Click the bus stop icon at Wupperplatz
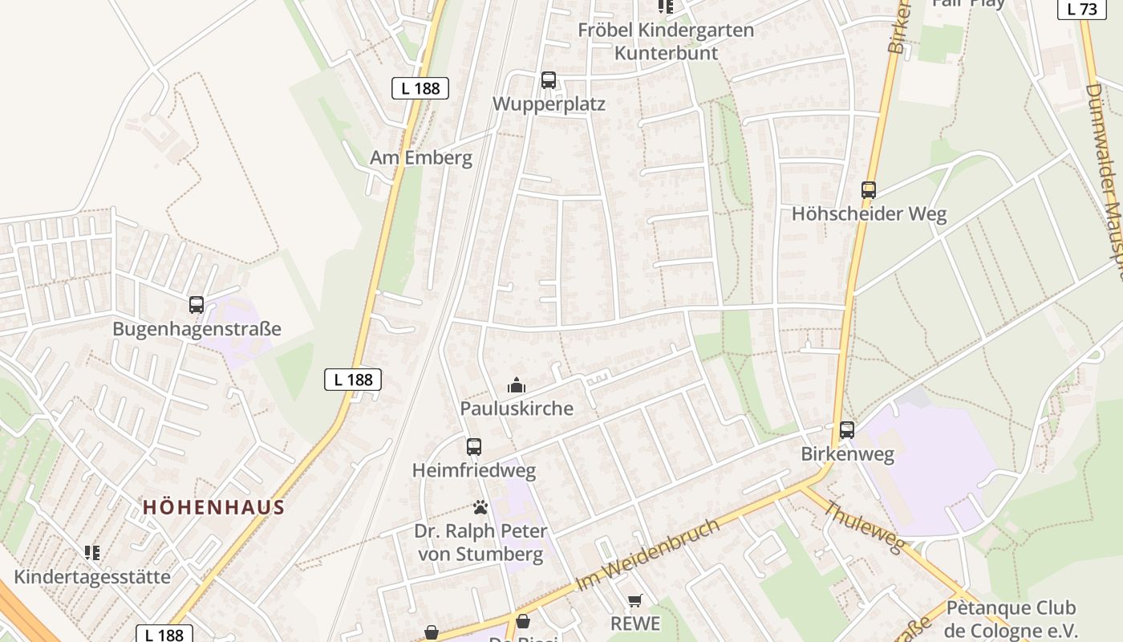[x=549, y=80]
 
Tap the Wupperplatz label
[x=549, y=104]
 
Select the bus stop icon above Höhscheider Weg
[x=869, y=190]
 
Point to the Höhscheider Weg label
[x=869, y=214]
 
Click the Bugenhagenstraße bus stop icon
[x=197, y=305]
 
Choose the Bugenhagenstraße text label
[x=197, y=329]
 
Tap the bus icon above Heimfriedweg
[x=474, y=447]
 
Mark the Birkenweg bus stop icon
[x=847, y=430]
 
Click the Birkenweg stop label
[x=847, y=454]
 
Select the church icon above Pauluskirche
[x=517, y=386]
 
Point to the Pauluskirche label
[x=517, y=408]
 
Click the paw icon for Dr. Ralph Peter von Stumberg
[x=480, y=507]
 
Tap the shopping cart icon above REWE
[x=635, y=600]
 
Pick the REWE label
[x=635, y=624]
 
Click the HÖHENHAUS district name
[x=214, y=507]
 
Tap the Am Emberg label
[x=421, y=157]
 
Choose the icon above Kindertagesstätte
[x=92, y=553]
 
